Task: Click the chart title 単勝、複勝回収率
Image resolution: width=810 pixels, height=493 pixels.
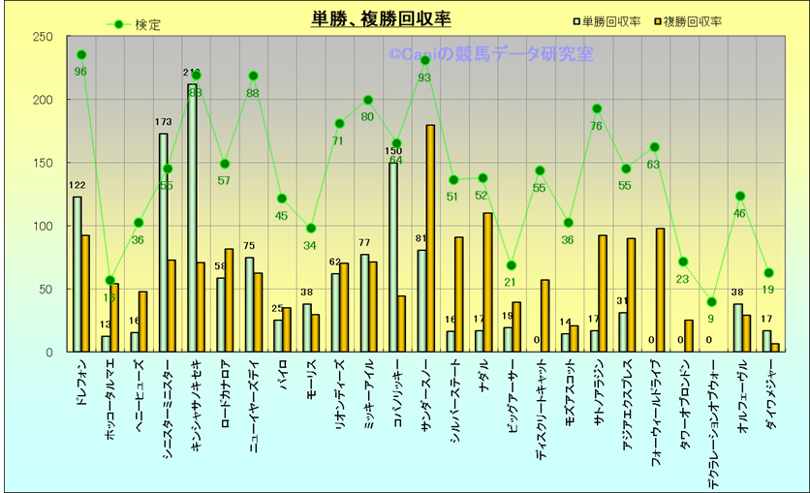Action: tap(381, 19)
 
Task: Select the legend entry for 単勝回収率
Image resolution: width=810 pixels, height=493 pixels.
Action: tap(611, 21)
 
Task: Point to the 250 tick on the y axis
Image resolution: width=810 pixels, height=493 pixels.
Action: tap(43, 38)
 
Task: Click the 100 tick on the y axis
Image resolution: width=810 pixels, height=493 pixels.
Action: tap(43, 226)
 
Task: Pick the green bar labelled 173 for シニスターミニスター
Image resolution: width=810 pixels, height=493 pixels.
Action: tap(163, 242)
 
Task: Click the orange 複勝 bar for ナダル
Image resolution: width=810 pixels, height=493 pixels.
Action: tap(487, 282)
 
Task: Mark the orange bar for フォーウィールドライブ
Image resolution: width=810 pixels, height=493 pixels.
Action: tap(660, 290)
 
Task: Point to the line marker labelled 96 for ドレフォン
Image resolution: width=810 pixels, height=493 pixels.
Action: tap(81, 55)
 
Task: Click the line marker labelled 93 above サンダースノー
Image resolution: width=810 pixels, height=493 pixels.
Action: tap(424, 60)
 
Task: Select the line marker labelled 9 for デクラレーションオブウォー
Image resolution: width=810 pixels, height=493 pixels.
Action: tap(712, 302)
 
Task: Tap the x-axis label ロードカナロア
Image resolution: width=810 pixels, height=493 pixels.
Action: tap(226, 391)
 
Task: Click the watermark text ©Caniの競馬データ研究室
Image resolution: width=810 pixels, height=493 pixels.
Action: tap(490, 55)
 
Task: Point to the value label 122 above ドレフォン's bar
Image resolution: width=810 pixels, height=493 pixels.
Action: tap(78, 186)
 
